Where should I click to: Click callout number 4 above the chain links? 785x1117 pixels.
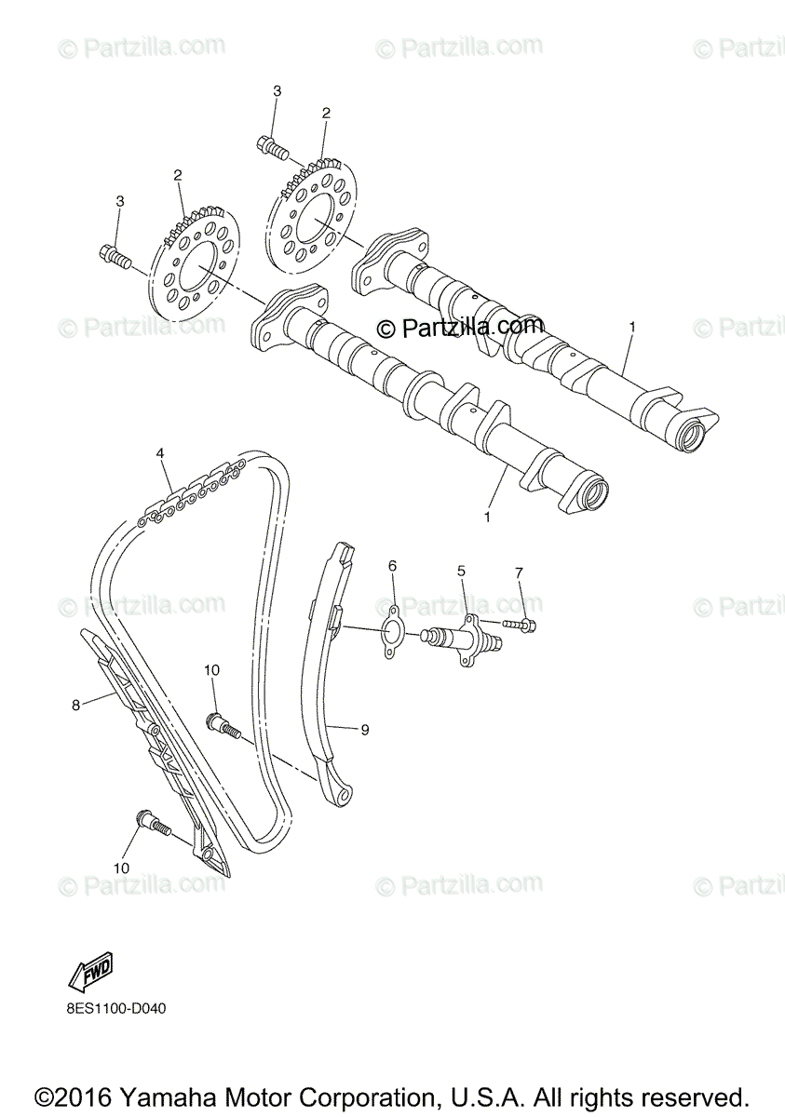(160, 453)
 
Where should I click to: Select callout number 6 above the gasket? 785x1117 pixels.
(392, 565)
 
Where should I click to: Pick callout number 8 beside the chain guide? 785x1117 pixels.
(75, 705)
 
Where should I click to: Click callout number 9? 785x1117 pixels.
(364, 730)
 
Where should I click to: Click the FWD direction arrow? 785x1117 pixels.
(89, 974)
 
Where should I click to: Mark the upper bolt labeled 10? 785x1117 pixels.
(223, 724)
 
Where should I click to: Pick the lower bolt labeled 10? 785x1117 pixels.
(152, 823)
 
